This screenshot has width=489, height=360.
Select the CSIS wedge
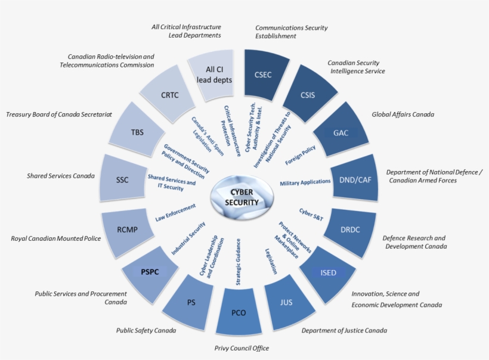[310, 94]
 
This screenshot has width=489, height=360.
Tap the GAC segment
[341, 131]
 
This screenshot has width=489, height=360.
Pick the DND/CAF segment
[355, 179]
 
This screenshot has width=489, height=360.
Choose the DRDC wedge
[351, 231]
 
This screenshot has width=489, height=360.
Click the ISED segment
[327, 274]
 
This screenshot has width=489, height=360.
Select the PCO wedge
[239, 312]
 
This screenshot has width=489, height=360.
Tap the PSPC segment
[150, 274]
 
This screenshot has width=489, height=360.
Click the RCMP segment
[126, 231]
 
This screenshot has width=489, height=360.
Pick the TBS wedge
[137, 131]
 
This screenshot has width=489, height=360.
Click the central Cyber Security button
[242, 197]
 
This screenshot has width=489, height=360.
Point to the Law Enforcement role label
[175, 213]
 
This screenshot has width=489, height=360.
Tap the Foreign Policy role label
[301, 155]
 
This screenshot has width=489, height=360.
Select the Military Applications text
[305, 182]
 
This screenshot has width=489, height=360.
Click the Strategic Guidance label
[239, 262]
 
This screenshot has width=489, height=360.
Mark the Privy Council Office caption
[242, 348]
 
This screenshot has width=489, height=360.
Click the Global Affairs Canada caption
[403, 114]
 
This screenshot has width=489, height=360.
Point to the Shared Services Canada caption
[61, 176]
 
